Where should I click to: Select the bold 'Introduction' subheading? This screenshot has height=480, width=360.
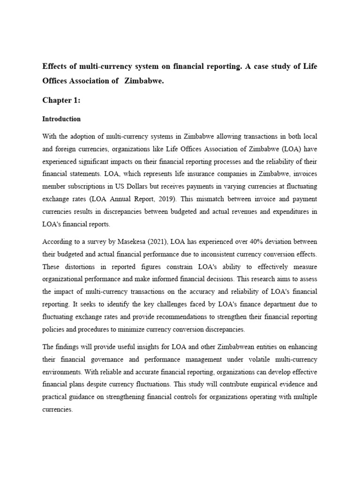[61, 119]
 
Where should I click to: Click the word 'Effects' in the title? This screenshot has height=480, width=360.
[57, 66]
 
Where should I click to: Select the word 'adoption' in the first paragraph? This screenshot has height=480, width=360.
[84, 136]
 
